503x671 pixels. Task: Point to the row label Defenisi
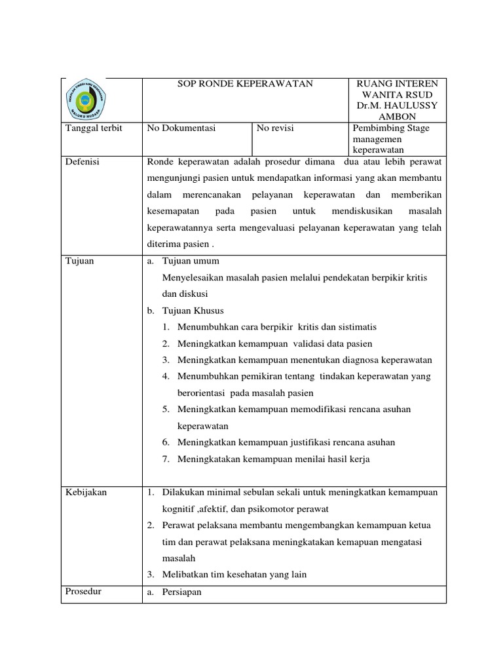83,162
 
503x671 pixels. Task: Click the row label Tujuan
80,261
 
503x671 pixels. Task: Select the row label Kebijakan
86,492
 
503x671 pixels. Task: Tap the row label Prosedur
84,592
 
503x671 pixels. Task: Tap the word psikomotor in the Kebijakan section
269,509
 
